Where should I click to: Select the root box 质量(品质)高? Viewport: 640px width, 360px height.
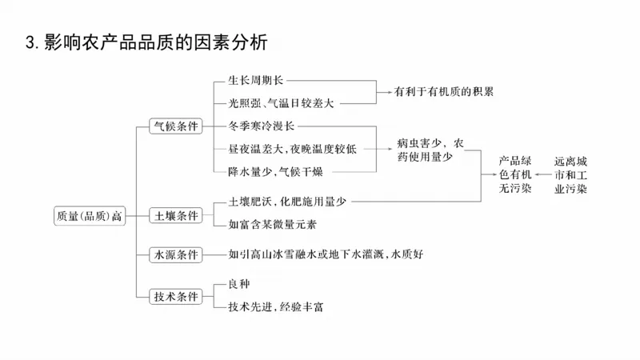pos(90,216)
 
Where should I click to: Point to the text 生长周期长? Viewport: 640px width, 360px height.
pos(255,81)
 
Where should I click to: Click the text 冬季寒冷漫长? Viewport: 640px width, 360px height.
pos(262,126)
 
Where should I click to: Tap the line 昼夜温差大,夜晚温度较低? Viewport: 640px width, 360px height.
pos(292,149)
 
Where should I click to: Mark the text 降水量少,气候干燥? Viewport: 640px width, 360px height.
pos(275,170)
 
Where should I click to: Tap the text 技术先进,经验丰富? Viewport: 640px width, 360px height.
pos(275,307)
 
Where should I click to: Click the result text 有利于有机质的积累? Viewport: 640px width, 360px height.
pos(444,92)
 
